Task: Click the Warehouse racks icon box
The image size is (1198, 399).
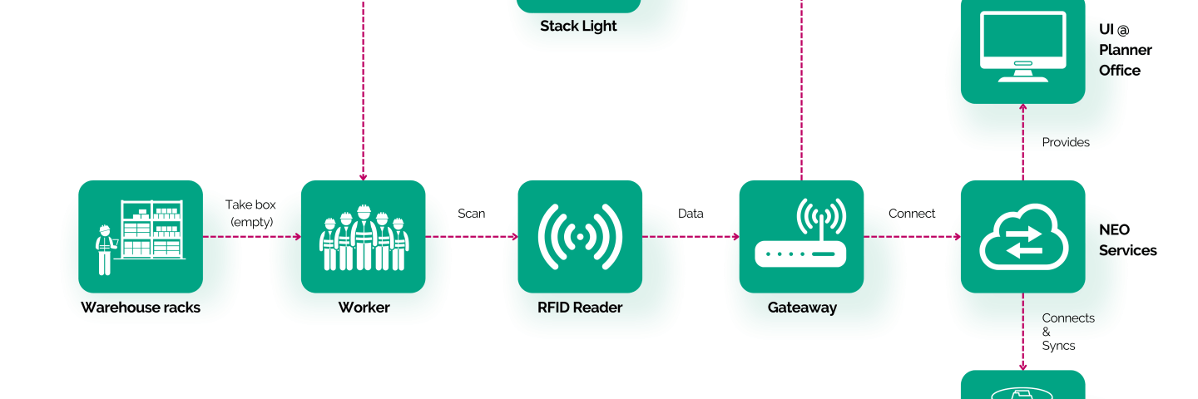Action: (x=141, y=237)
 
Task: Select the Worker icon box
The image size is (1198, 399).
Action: (x=363, y=237)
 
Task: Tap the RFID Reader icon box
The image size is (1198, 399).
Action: (x=580, y=237)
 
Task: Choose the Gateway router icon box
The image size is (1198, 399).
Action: (x=801, y=237)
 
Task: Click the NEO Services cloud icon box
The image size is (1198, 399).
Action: (x=1022, y=237)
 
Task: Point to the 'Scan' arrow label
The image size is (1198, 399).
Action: (x=471, y=214)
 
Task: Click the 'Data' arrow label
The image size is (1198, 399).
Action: (x=691, y=214)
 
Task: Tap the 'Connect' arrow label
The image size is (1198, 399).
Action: (x=912, y=214)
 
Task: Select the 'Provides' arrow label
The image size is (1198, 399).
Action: (x=1066, y=143)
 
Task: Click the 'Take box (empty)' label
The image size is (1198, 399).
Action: (x=251, y=213)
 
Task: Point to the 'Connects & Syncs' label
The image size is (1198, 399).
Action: (x=1068, y=332)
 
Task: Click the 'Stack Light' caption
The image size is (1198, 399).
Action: (x=578, y=26)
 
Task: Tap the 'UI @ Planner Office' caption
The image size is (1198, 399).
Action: (x=1126, y=50)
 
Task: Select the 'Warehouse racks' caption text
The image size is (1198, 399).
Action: (x=141, y=308)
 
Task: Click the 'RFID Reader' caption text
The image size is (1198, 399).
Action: (x=580, y=308)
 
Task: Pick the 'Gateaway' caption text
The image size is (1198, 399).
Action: (x=802, y=308)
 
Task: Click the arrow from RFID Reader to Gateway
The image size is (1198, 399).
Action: (x=691, y=237)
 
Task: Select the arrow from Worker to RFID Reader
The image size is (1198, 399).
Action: (x=472, y=237)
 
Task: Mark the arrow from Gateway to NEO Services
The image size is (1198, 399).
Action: (x=912, y=237)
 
